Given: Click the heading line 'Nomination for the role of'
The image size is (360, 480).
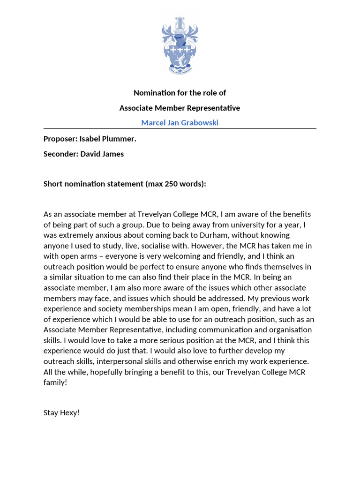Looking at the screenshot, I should [180, 93].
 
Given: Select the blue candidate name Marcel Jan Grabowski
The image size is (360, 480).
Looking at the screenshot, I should [180, 123].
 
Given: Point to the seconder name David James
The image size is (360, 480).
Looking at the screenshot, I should [102, 154].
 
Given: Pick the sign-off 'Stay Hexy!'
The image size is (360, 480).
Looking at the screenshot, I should [61, 412].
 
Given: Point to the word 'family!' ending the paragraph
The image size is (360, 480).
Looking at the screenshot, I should [55, 382].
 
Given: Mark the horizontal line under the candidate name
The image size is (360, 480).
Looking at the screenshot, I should [180, 129].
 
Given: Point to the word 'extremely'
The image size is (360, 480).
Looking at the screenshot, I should [77, 235].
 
